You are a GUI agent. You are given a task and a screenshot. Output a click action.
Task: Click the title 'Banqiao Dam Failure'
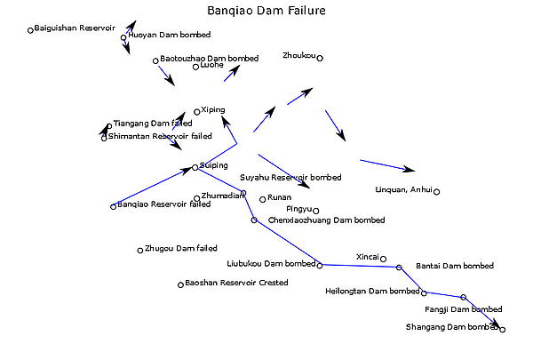click(x=266, y=12)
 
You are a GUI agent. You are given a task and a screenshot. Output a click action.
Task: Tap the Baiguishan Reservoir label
click(x=75, y=28)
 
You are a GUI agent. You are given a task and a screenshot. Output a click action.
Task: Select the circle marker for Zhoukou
click(x=320, y=59)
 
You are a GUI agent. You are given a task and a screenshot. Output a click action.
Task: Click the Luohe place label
click(x=212, y=66)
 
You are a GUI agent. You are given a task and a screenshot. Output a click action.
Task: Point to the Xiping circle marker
click(x=197, y=110)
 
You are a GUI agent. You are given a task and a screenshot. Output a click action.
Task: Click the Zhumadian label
click(x=223, y=196)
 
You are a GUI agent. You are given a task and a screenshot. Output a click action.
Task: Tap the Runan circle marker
click(x=263, y=198)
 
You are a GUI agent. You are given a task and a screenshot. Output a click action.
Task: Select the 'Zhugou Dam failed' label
click(x=180, y=249)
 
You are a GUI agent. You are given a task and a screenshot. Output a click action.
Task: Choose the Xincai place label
click(x=367, y=257)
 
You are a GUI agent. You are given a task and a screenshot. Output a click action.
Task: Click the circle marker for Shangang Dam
click(x=503, y=330)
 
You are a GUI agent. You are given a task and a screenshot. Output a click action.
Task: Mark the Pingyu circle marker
click(x=315, y=211)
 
